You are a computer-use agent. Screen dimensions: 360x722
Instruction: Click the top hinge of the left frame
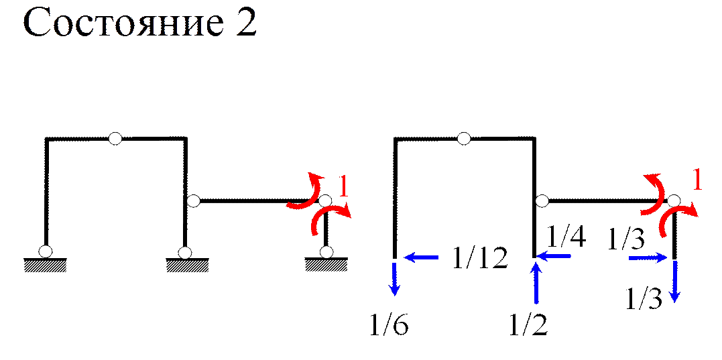pos(115,139)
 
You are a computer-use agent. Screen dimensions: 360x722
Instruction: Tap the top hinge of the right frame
pos(463,139)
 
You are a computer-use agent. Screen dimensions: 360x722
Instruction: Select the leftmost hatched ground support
pos(46,266)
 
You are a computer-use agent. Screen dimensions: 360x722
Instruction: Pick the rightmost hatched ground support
pos(326,266)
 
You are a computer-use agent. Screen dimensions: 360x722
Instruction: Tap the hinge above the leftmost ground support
pos(45,251)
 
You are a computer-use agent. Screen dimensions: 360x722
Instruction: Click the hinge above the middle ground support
pos(185,252)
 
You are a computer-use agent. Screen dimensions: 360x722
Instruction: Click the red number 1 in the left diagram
pos(344,186)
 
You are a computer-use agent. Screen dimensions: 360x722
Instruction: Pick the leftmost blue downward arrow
pos(395,279)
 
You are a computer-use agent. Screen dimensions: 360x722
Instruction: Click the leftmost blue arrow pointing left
pos(420,257)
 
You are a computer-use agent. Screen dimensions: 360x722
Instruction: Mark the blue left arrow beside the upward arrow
pos(554,255)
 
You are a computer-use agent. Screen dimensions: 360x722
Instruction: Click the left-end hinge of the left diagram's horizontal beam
pos(194,200)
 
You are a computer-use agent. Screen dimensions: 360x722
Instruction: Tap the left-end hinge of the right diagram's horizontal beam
pos(542,200)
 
